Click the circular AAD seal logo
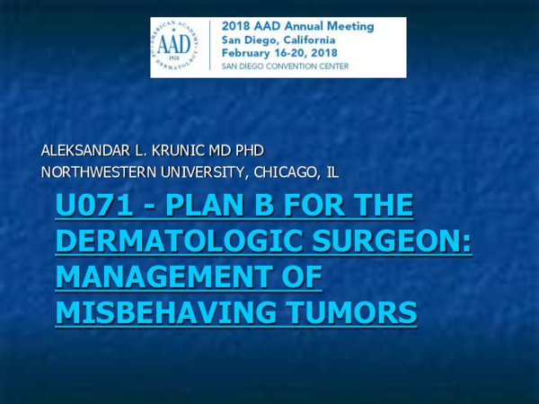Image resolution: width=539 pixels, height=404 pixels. coord(180,47)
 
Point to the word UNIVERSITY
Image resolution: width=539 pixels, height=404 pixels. coord(208,171)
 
